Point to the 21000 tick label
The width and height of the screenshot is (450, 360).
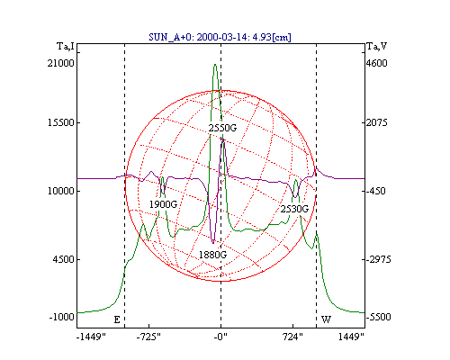coord(60,63)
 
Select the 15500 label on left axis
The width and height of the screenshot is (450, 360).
coord(60,122)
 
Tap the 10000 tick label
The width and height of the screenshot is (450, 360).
coord(60,191)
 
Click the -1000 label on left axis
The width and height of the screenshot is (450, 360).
coord(61,317)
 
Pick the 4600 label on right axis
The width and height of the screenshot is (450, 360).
coord(377,63)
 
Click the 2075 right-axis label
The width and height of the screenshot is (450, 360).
coord(377,122)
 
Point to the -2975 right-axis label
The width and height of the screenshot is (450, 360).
coord(379,259)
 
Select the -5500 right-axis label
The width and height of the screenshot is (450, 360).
coord(379,317)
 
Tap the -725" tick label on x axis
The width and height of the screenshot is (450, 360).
coord(148,337)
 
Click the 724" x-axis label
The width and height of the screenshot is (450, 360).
coord(292,337)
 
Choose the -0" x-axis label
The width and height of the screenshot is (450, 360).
coord(220,337)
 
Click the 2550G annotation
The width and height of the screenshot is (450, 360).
coord(222,128)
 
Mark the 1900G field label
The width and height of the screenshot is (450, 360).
coord(163,204)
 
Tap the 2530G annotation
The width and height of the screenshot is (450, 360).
coord(294,209)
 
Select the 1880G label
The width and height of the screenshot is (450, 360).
coord(212,255)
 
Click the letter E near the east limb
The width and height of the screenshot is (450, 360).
coord(117,319)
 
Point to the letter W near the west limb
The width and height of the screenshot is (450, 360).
coord(326,319)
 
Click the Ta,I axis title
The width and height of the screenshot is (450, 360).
coord(66,47)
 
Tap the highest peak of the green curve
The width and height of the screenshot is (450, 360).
coord(215,64)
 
